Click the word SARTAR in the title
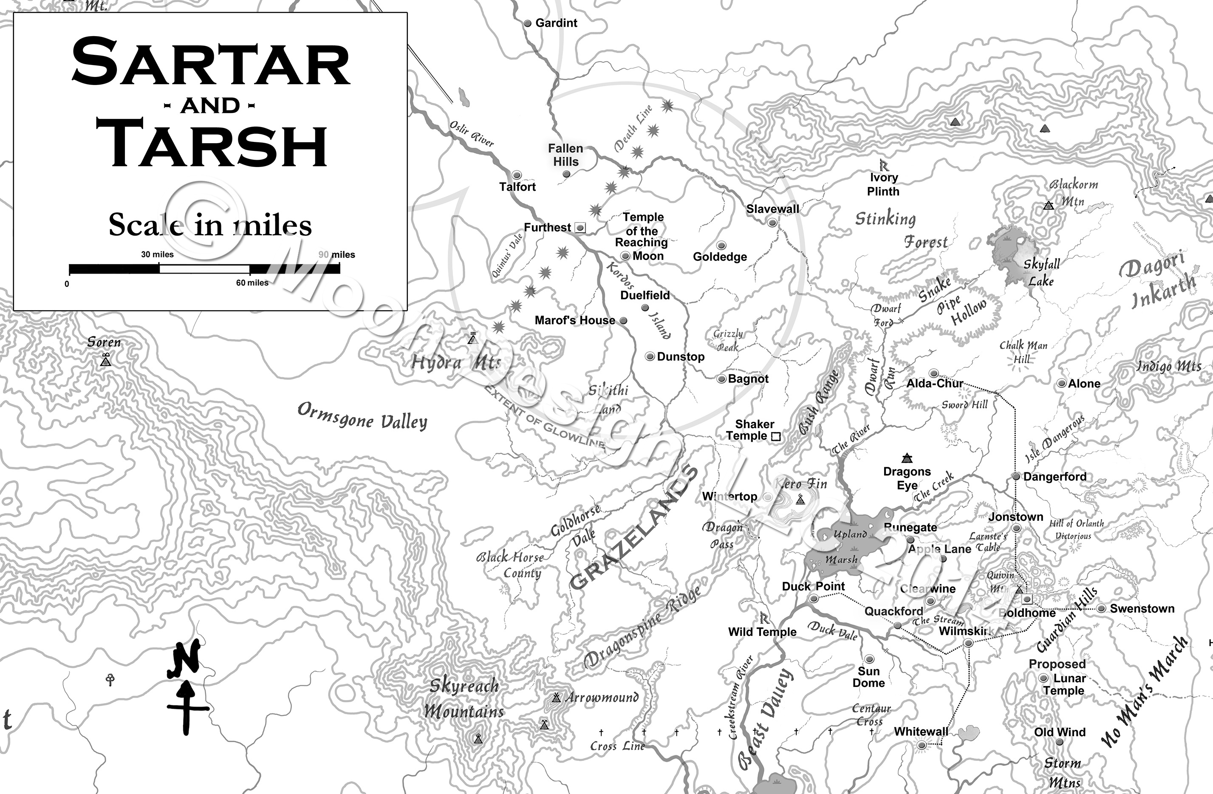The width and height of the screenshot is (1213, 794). pyautogui.click(x=210, y=63)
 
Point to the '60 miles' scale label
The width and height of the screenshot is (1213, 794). pyautogui.click(x=252, y=283)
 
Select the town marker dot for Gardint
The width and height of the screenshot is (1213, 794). pyautogui.click(x=528, y=23)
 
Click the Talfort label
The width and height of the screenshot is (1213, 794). pyautogui.click(x=517, y=186)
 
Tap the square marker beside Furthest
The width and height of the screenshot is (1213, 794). pyautogui.click(x=580, y=228)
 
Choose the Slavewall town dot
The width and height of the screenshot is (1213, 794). pyautogui.click(x=772, y=222)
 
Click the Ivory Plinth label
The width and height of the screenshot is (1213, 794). pyautogui.click(x=883, y=184)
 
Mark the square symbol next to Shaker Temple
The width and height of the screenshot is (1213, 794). pyautogui.click(x=776, y=436)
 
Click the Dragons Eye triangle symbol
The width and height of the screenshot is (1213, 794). pyautogui.click(x=906, y=458)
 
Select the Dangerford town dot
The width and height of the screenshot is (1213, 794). pyautogui.click(x=1016, y=477)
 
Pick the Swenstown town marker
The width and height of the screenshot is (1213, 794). pyautogui.click(x=1101, y=608)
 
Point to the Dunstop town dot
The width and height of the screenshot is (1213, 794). pyautogui.click(x=650, y=357)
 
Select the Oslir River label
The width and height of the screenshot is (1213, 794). pyautogui.click(x=472, y=133)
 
